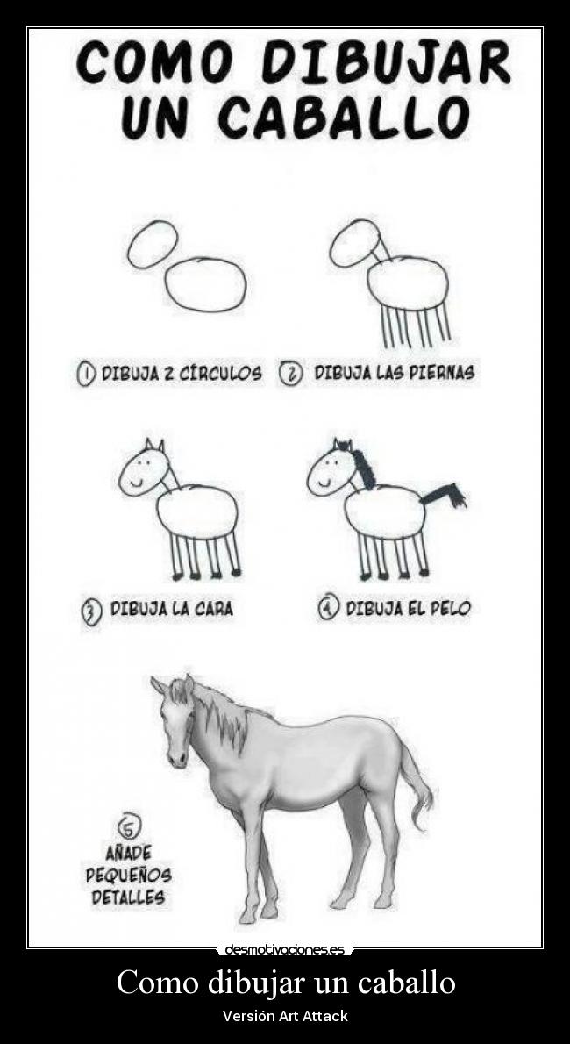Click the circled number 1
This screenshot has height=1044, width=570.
[87, 374]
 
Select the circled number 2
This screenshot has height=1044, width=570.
[290, 374]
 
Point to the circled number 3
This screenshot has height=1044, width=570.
[91, 610]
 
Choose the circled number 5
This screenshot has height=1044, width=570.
[130, 826]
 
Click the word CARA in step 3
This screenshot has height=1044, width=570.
[214, 609]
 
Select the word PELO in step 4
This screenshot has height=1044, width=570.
[449, 608]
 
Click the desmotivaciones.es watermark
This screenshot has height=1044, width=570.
[284, 949]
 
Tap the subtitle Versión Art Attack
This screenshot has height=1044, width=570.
[285, 1016]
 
